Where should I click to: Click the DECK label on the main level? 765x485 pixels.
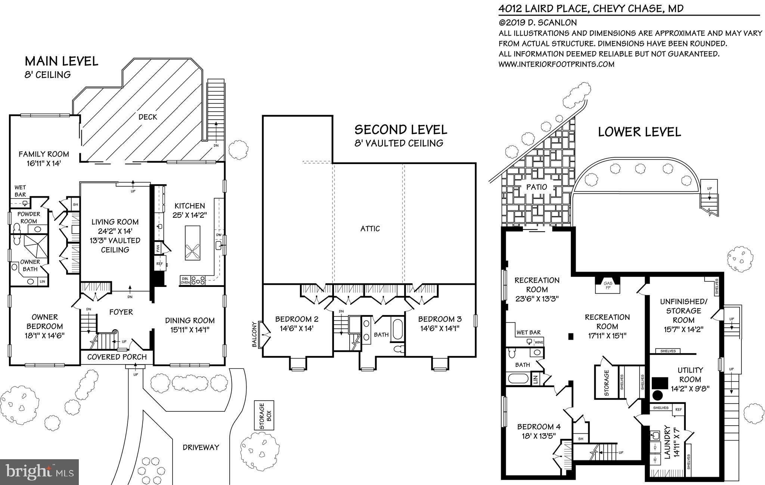click(148, 117)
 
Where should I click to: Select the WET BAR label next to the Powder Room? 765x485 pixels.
click(20, 191)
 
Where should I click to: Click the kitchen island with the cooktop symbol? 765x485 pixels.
click(192, 243)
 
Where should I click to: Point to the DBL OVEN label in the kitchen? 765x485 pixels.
click(185, 280)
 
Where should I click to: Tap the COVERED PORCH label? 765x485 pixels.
click(117, 357)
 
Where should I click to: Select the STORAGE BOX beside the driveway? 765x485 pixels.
click(264, 416)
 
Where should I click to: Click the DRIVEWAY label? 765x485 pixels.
click(201, 447)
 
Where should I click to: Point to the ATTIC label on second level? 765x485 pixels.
click(370, 229)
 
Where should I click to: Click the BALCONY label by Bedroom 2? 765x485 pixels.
click(254, 334)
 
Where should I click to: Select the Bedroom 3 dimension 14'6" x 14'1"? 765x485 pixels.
click(440, 328)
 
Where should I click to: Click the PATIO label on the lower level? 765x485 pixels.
click(536, 187)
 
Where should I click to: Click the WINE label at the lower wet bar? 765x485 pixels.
click(539, 342)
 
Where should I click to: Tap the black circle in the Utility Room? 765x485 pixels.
click(657, 395)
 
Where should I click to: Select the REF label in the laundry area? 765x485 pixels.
click(678, 409)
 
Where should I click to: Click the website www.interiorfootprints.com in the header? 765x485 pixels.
click(556, 64)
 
